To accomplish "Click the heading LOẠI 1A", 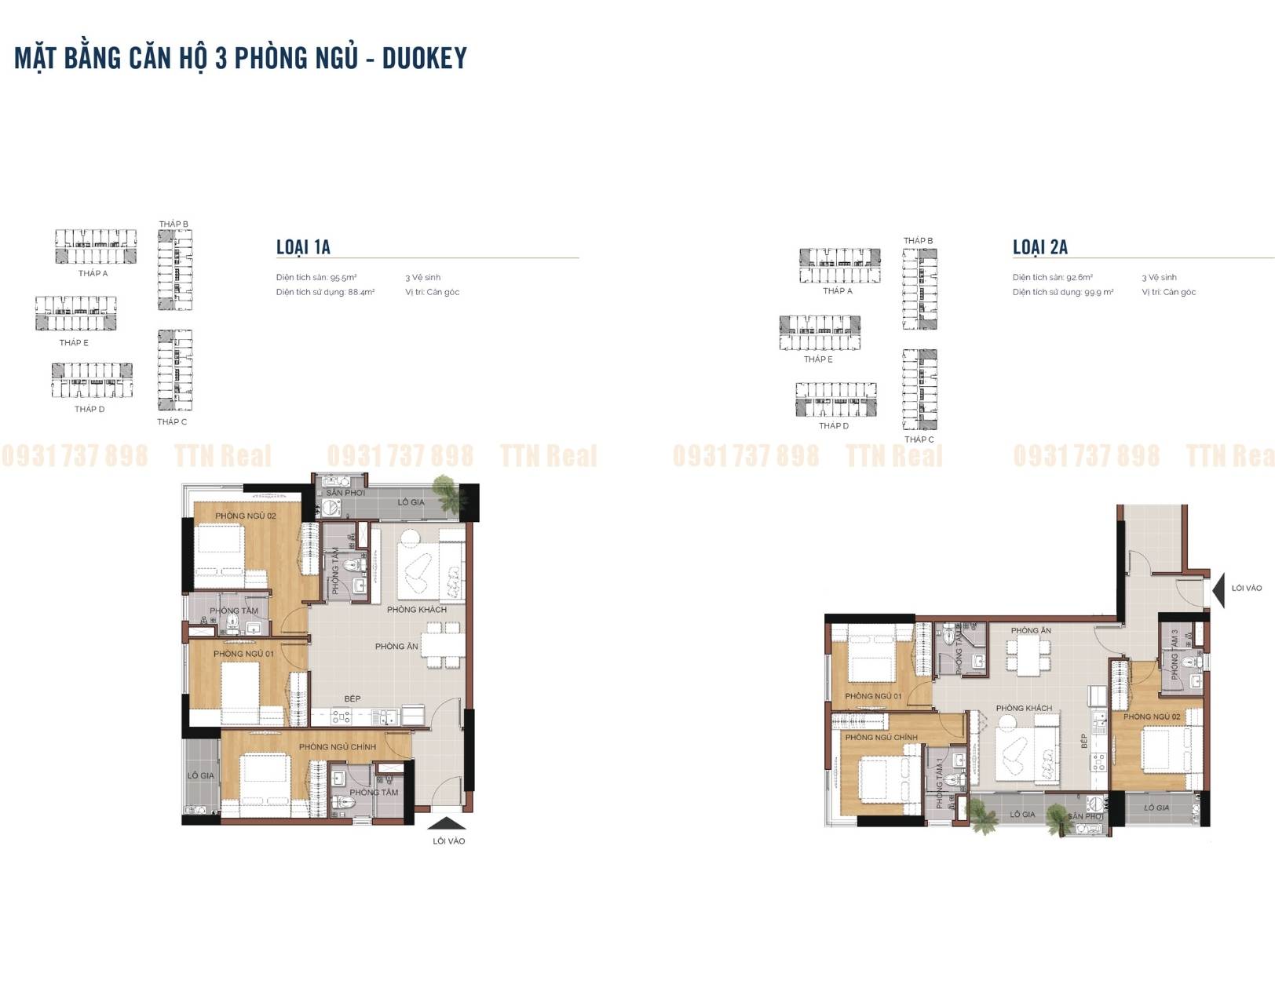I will [x=303, y=247].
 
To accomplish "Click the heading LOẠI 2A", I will [x=1039, y=247].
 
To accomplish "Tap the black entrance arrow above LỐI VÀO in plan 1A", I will [x=448, y=823].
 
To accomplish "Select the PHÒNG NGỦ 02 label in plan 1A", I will [x=245, y=516].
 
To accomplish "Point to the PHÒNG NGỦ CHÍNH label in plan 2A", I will [x=881, y=737].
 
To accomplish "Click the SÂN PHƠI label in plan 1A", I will [x=345, y=493].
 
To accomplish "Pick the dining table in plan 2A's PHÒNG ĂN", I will [x=1027, y=655].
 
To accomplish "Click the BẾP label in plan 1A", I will [x=352, y=698].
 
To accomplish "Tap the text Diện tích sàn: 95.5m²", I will [x=316, y=277].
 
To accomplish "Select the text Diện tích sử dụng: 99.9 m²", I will [x=1062, y=292].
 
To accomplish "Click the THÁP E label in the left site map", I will [x=74, y=342].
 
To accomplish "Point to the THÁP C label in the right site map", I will [x=919, y=439].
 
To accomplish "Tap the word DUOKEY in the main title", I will [x=424, y=58].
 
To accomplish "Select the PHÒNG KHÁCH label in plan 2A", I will [x=1024, y=708].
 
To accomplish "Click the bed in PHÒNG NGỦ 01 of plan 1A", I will [x=240, y=691].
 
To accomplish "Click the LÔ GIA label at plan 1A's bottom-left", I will [x=200, y=775].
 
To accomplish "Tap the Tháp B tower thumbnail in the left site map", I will [x=175, y=269].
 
